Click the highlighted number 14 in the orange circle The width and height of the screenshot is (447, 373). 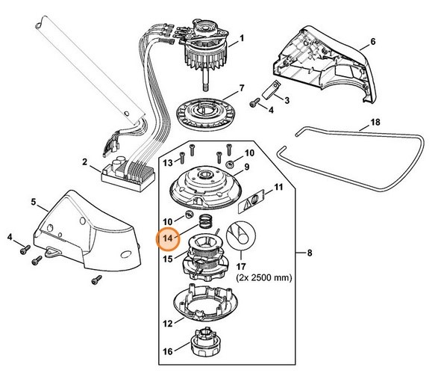pyautogui.click(x=168, y=238)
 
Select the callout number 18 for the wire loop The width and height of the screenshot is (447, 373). pyautogui.click(x=375, y=122)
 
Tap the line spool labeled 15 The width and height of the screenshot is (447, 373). pyautogui.click(x=206, y=258)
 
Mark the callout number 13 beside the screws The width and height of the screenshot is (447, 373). pyautogui.click(x=168, y=162)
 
